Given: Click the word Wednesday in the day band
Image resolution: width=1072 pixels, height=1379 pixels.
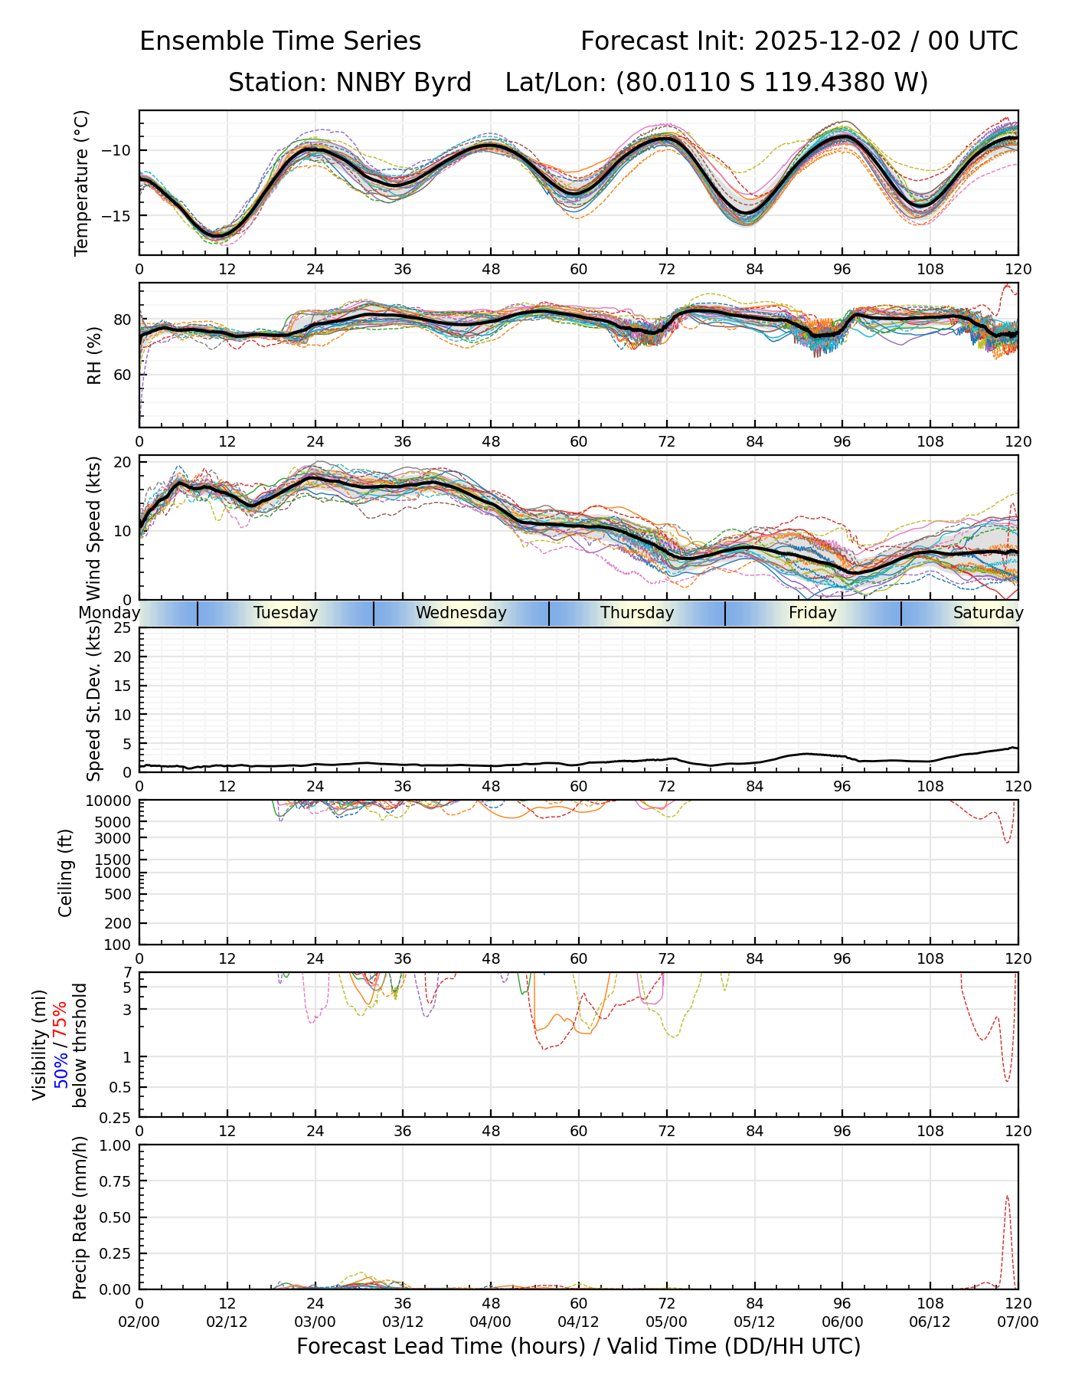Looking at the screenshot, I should point(461,613).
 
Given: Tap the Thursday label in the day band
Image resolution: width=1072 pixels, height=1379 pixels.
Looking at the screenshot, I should point(637,613).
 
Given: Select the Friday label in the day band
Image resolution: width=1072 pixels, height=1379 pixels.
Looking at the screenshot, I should point(812,613).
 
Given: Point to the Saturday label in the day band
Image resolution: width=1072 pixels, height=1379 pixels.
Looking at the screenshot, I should point(988,613).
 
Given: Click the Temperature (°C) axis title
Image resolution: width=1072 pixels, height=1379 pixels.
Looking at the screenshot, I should point(82,182).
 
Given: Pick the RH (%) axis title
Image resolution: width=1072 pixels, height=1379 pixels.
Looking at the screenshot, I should point(94,355).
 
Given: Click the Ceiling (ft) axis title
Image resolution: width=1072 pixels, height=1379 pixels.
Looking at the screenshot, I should point(66,873).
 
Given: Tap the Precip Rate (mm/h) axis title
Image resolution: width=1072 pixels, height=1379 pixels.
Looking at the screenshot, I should point(80,1217).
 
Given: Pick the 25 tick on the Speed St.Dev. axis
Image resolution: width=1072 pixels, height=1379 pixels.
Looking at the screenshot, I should point(123,628).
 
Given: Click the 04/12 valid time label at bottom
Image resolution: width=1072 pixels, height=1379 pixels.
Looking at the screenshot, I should point(578,1322).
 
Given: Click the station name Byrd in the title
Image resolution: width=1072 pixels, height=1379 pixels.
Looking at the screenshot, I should point(443,82).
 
